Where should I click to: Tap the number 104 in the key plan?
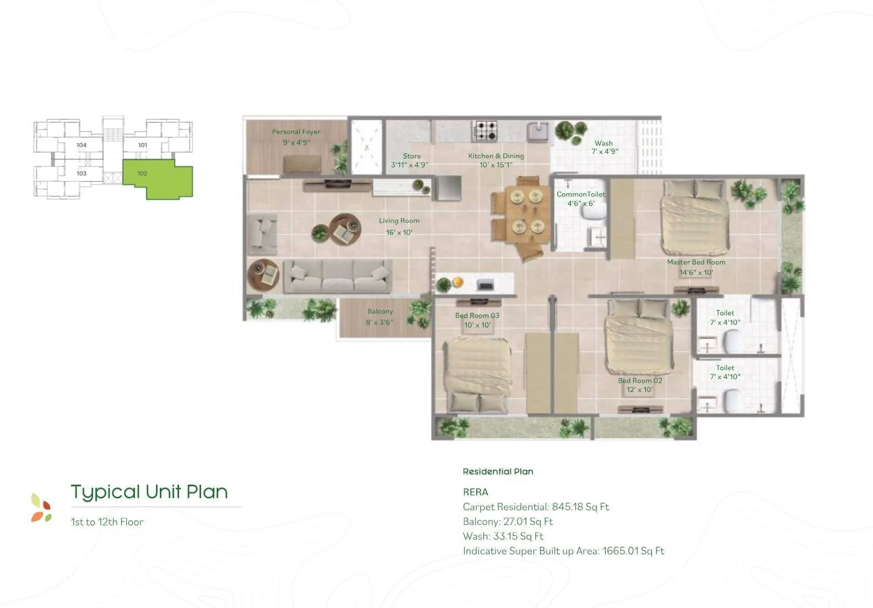[x=82, y=145]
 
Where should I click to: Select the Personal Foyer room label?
[x=296, y=132]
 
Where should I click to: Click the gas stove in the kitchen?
[x=485, y=131]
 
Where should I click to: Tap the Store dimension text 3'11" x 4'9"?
[x=409, y=165]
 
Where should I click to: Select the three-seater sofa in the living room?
[x=337, y=276]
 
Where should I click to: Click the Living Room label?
[x=399, y=221]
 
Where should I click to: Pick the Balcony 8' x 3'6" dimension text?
[x=379, y=323]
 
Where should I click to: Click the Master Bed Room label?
[x=696, y=262]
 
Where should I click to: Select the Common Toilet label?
[x=581, y=194]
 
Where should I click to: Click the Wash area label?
[x=603, y=143]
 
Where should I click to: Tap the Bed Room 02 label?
[x=640, y=381]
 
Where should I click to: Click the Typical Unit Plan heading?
[x=149, y=492]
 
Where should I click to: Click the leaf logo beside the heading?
[x=41, y=508]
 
